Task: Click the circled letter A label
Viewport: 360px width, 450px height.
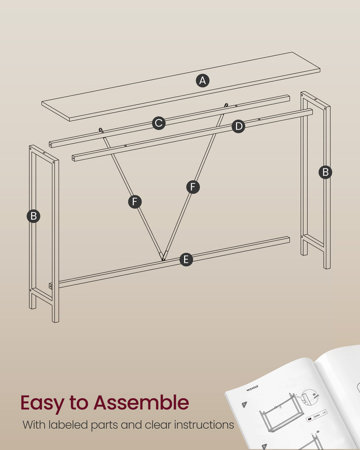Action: (x=203, y=81)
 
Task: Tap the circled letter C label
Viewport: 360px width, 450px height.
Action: (x=159, y=123)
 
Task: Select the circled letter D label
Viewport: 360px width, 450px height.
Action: (x=239, y=126)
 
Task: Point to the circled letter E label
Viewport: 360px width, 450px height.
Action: (x=186, y=259)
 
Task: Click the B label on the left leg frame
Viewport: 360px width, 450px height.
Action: (x=33, y=216)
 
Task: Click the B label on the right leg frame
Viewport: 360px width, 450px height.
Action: (x=326, y=172)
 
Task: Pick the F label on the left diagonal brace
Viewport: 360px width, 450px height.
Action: (x=135, y=202)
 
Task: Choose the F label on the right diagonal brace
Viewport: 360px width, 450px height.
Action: (x=193, y=187)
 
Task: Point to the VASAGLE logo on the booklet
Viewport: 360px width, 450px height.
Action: (x=252, y=388)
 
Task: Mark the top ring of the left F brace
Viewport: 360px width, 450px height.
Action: (x=101, y=130)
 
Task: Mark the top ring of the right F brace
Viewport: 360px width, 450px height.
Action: (x=226, y=105)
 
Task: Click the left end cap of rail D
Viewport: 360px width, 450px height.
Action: (x=73, y=158)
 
